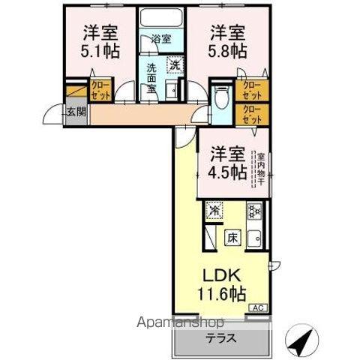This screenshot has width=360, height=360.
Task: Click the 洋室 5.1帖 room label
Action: point(101,41)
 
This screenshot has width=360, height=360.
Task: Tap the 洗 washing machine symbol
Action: point(175,65)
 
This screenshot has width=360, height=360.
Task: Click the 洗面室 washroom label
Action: point(152,76)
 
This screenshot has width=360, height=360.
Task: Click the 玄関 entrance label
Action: point(76,112)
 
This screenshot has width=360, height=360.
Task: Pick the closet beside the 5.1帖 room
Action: point(99,91)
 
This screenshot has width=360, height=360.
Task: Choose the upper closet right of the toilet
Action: point(252,91)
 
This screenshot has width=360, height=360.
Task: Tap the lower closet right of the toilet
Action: point(252,115)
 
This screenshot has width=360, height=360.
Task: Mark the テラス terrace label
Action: point(222,338)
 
